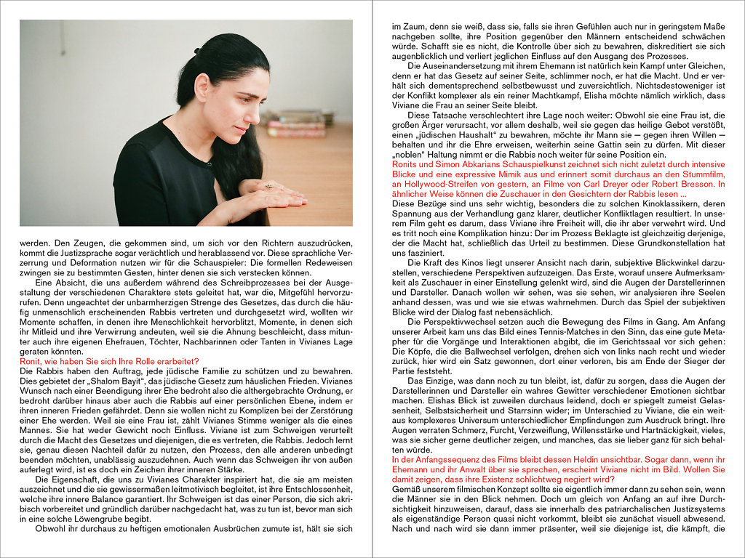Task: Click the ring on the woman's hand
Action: pos(268,187)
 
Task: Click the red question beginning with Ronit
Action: pos(109,360)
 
